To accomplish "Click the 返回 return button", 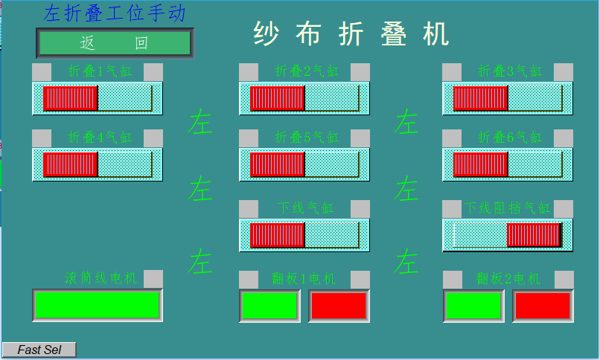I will coord(115,43).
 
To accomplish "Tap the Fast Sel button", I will coord(39,350).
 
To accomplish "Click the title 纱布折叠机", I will coord(351,34).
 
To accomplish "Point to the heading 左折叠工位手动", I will coord(115,13).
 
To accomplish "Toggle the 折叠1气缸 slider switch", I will coord(98,98).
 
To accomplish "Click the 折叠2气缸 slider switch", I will coord(304,98).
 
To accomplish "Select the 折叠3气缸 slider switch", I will coord(508,98).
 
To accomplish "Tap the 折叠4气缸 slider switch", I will coord(98,164).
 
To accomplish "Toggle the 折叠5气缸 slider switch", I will coord(304,164).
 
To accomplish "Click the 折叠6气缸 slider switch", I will coord(508,164).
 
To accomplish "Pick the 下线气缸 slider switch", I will coord(304,235).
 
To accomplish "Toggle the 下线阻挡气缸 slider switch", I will coord(508,235).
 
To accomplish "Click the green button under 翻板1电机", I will coord(269,305).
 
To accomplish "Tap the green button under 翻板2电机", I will coord(473,305).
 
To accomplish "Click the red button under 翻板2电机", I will coord(542,305).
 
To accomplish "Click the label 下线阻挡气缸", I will coord(508,208).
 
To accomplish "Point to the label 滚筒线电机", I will coord(101,278).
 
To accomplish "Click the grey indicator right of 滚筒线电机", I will coord(153,278).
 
